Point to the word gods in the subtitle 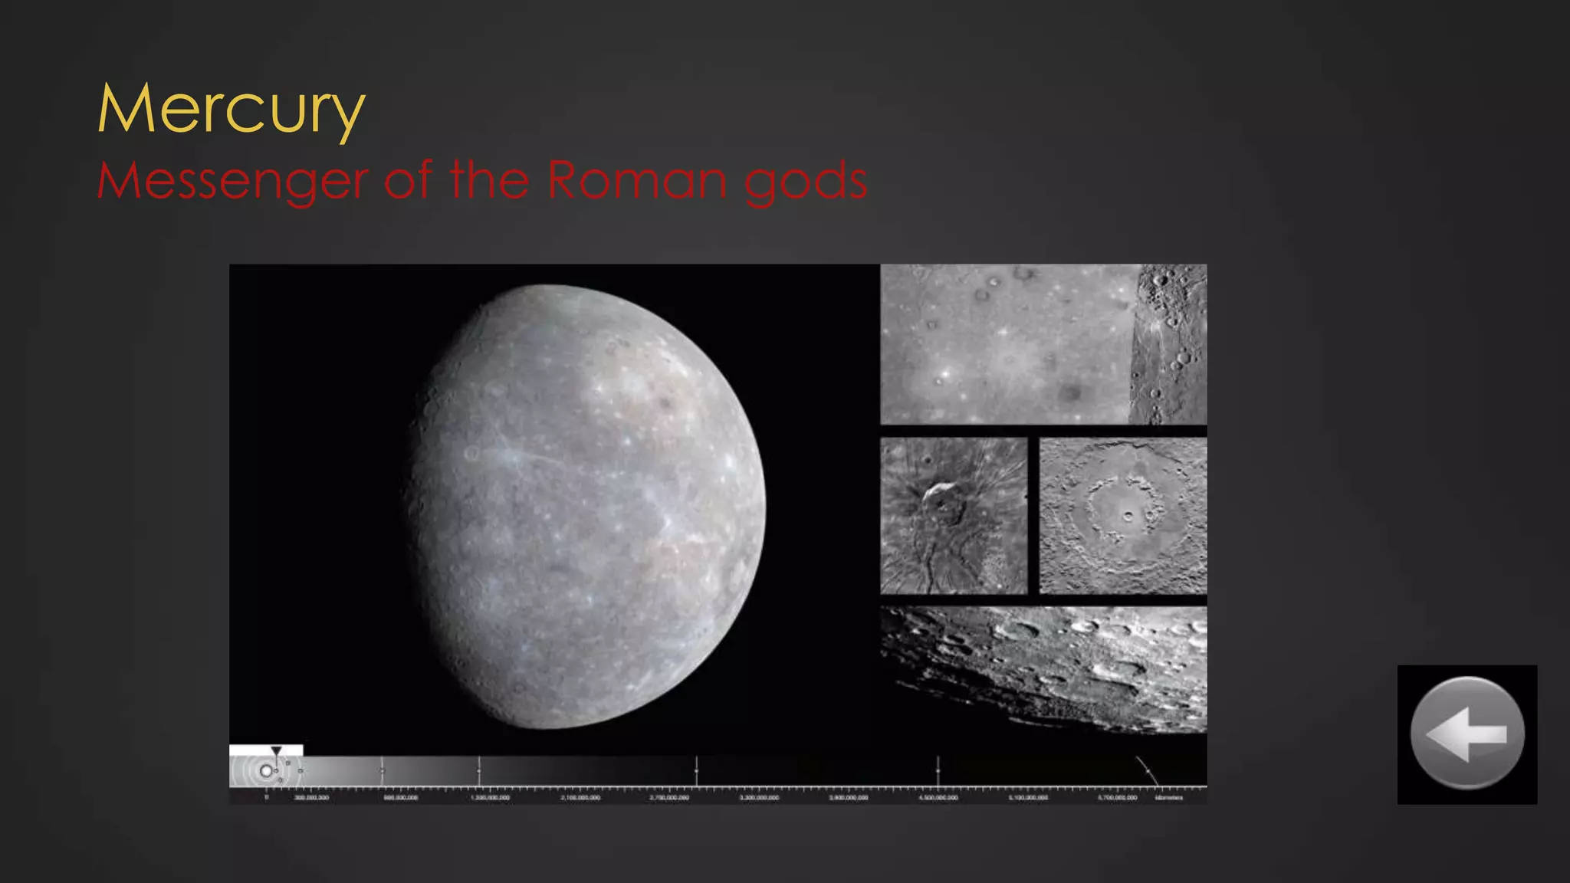(806, 182)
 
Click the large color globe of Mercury (586, 506)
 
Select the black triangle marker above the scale (276, 751)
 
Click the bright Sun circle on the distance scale (266, 771)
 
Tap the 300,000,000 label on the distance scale (311, 798)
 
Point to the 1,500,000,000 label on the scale (490, 798)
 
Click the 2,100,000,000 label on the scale (580, 798)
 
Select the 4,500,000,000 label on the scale (938, 798)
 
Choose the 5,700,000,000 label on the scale (1117, 798)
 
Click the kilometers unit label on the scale (1169, 798)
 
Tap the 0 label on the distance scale (267, 798)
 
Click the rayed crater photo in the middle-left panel (954, 515)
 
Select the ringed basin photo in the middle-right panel (1123, 515)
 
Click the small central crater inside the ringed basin (1127, 516)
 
